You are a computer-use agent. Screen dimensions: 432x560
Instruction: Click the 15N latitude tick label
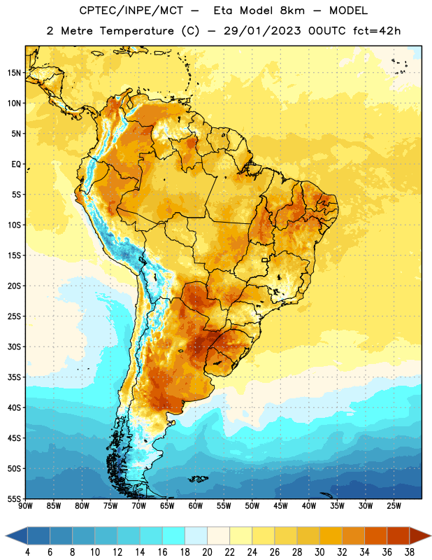15,73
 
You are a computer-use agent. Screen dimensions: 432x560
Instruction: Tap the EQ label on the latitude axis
16,164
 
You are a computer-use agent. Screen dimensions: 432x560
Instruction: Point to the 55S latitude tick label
15,498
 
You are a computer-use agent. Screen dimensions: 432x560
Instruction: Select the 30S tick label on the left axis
15,346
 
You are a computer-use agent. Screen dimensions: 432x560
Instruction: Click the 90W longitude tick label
25,506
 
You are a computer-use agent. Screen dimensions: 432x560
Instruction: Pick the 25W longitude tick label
394,506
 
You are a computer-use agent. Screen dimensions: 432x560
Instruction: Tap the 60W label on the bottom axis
196,506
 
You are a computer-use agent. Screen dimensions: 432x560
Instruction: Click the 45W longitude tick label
280,506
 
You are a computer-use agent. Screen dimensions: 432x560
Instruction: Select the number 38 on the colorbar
409,552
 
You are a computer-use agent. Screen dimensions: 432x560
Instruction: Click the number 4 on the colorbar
27,552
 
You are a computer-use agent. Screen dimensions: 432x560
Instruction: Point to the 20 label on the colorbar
207,552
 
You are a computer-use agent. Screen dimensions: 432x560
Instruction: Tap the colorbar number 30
319,552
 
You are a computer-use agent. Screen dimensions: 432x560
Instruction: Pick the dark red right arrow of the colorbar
419,536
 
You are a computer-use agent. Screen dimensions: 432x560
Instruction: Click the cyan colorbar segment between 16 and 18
173,536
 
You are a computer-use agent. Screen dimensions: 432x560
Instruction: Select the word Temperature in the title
137,31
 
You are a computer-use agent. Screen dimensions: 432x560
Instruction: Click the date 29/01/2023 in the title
263,31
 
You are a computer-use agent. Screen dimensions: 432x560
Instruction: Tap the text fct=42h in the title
377,31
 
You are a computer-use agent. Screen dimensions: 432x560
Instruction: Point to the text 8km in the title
292,10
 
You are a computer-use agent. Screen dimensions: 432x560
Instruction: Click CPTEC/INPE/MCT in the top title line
131,10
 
